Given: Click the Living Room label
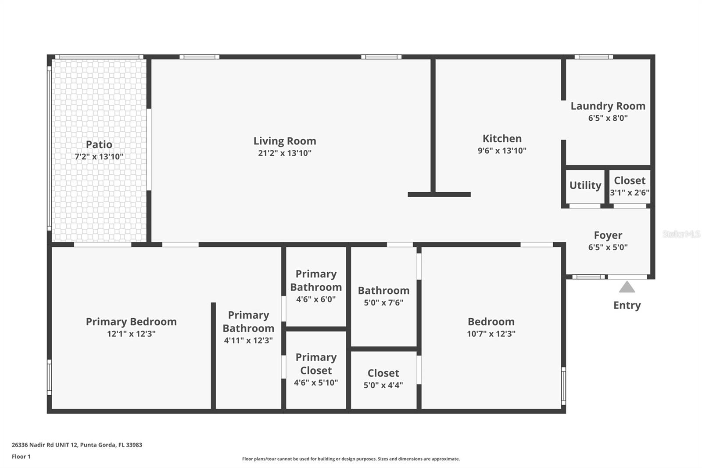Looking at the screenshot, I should (x=285, y=141).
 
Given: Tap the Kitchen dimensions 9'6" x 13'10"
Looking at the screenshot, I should (x=502, y=151).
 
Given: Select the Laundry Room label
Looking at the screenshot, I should (x=608, y=106).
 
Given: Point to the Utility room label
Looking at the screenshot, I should (x=585, y=185).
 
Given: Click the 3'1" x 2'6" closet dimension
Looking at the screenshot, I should (x=630, y=193).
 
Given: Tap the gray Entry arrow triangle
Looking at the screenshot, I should (x=627, y=287).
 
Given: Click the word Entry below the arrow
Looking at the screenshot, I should (x=627, y=305).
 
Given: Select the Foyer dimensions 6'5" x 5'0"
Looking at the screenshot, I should (x=608, y=247).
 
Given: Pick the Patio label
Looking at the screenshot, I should (x=99, y=144).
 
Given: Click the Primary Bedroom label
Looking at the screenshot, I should (x=131, y=321).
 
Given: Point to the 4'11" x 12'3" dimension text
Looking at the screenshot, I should (x=248, y=340).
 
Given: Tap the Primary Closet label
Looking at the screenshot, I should (x=316, y=364).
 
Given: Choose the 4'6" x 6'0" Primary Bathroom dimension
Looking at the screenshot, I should (x=316, y=299).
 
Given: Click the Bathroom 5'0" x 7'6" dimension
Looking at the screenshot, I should (x=383, y=302).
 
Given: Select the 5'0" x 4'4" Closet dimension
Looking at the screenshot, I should (x=383, y=385).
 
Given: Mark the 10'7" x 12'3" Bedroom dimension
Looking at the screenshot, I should (x=491, y=334).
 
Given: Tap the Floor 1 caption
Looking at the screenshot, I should (x=21, y=457).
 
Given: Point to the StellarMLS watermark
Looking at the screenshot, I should (x=681, y=234).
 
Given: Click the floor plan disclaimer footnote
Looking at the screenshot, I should (x=351, y=459).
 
